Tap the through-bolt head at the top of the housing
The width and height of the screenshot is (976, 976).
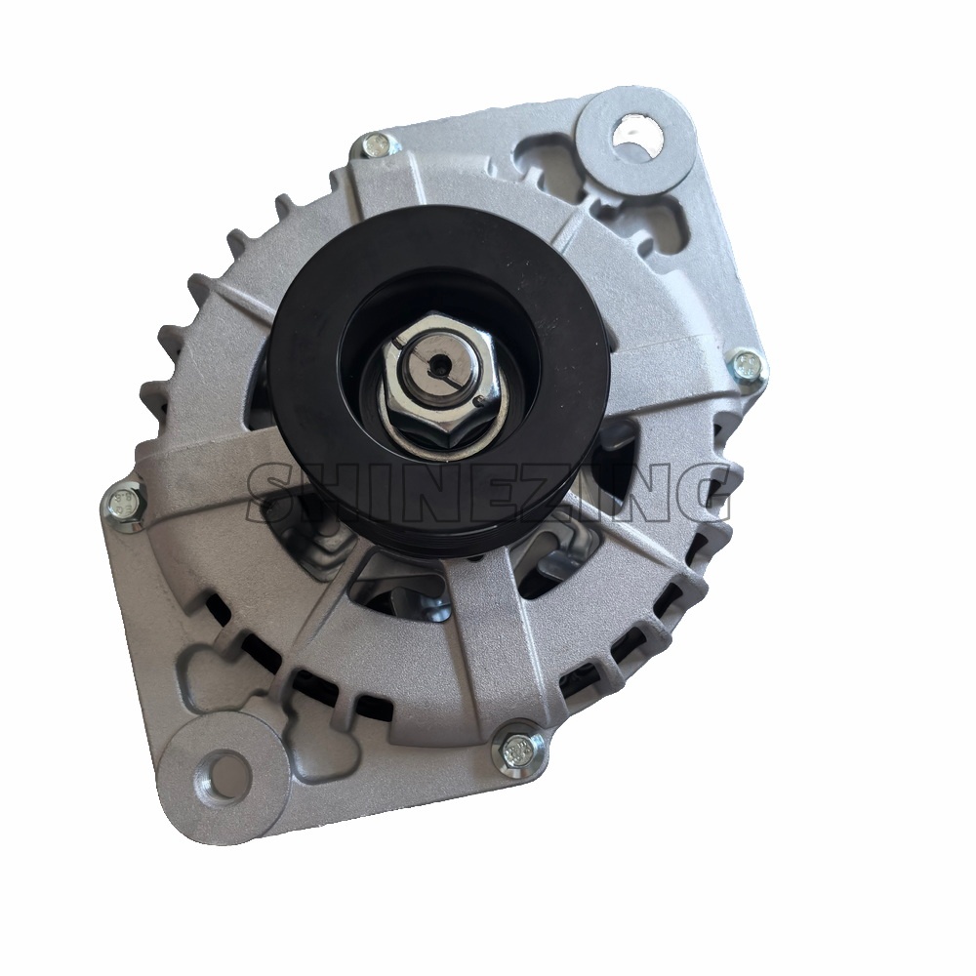click(376, 146)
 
